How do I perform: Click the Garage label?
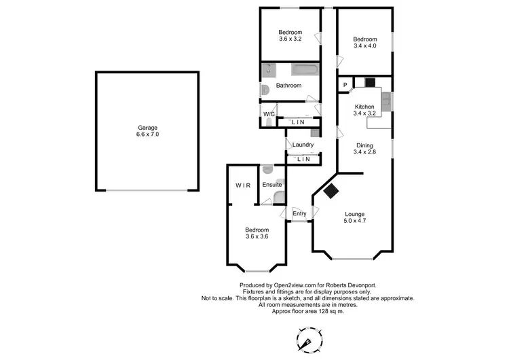click(147, 127)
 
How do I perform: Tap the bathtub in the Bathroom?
click(303, 69)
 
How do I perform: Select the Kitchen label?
click(364, 107)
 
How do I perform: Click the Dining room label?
click(364, 145)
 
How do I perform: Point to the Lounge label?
click(355, 214)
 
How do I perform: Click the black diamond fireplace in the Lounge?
click(331, 192)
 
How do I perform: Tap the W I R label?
click(243, 185)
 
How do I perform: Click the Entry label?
click(299, 214)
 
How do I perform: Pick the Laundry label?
click(303, 145)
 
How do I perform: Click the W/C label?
click(269, 114)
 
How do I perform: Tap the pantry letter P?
click(345, 84)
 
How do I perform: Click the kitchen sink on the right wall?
click(385, 102)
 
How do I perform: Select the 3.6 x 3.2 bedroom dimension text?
click(290, 39)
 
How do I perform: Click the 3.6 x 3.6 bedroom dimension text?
click(257, 237)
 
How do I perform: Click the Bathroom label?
click(288, 86)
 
